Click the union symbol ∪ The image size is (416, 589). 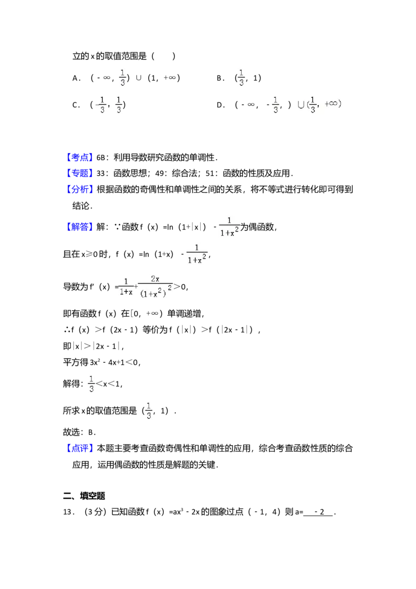pyautogui.click(x=301, y=104)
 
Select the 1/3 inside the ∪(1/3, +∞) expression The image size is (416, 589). pyautogui.click(x=313, y=104)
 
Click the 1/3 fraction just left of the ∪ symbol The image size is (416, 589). pyautogui.click(x=276, y=104)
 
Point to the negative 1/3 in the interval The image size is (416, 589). pyautogui.click(x=101, y=104)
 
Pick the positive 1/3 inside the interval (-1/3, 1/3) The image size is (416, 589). pyautogui.click(x=119, y=104)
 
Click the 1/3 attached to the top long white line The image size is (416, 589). pyautogui.click(x=241, y=77)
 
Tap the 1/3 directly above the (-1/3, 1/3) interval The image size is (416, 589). pyautogui.click(x=122, y=77)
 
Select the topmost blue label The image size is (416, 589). pyautogui.click(x=81, y=157)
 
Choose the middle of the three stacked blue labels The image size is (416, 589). pyautogui.click(x=81, y=173)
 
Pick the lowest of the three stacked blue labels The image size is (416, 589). pyautogui.click(x=81, y=189)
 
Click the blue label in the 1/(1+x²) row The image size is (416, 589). pyautogui.click(x=81, y=227)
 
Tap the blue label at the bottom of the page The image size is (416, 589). pyautogui.click(x=81, y=447)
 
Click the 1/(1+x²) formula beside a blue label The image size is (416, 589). pyautogui.click(x=229, y=227)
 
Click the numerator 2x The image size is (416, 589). pyautogui.click(x=155, y=279)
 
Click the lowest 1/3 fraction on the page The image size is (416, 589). pyautogui.click(x=148, y=411)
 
